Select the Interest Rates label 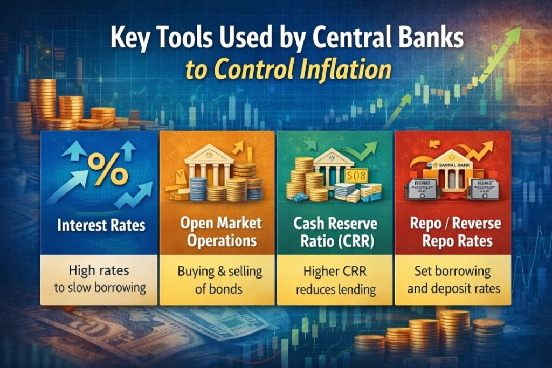[x=101, y=224]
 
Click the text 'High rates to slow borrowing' [x=100, y=279]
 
